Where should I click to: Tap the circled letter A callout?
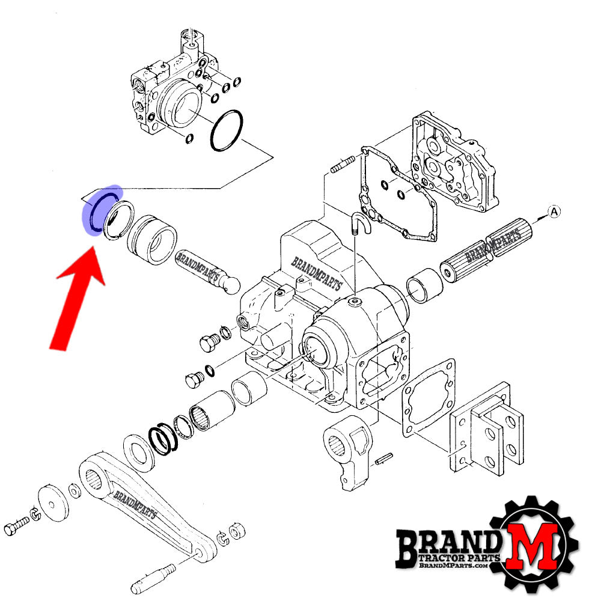coord(554,212)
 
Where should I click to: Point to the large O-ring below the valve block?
coord(227,130)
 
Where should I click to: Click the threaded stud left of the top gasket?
coord(343,164)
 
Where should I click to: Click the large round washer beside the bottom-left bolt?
coord(53,502)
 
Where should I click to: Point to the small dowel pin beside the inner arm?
coord(383,459)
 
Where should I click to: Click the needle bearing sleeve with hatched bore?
coord(212,410)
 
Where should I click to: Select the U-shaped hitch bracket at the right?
coord(487,429)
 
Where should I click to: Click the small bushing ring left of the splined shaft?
coord(424,285)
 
